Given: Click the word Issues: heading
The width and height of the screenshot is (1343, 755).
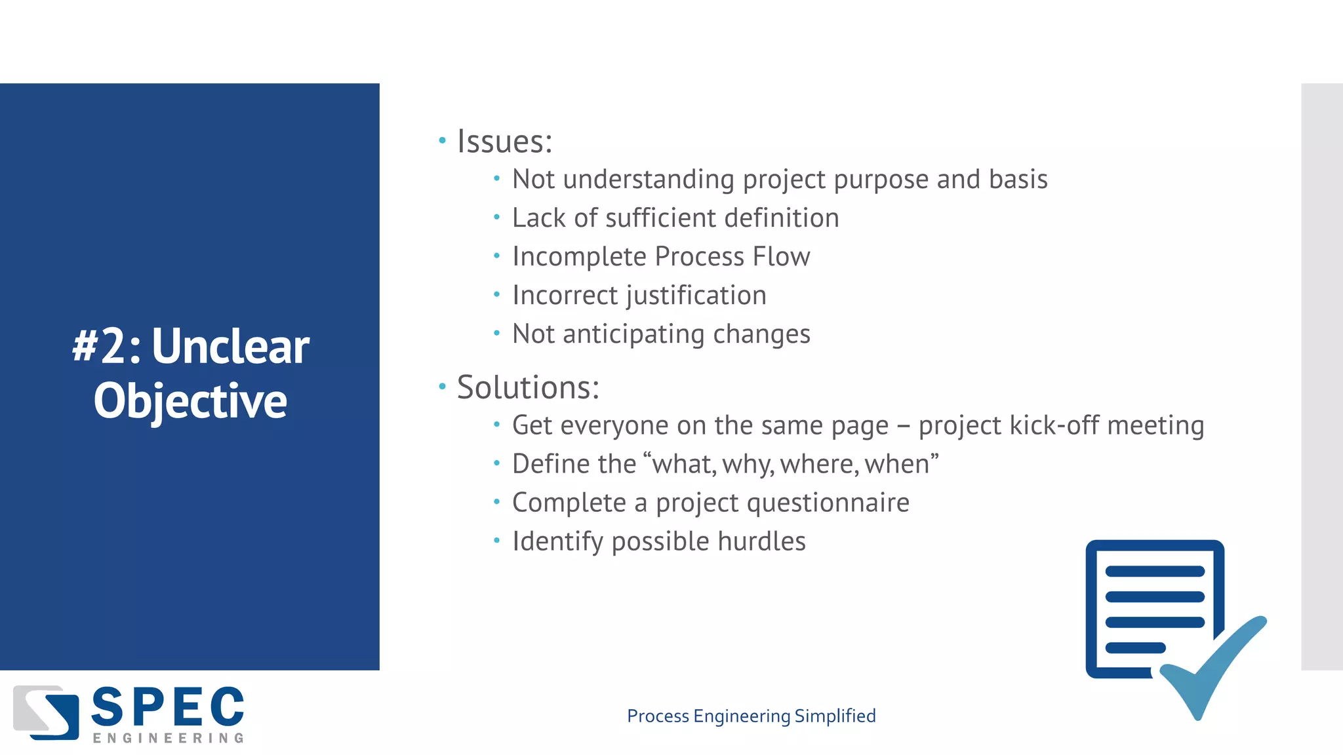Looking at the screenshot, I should point(504,142).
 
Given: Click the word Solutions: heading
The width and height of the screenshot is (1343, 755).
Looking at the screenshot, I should point(528,387).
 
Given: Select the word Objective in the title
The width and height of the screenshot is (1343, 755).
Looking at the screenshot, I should point(190,401).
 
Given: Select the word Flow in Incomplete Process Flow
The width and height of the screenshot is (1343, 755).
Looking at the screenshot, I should point(781,256).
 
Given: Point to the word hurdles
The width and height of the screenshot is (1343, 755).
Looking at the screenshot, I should point(761,541).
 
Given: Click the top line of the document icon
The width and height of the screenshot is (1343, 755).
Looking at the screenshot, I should point(1155,571).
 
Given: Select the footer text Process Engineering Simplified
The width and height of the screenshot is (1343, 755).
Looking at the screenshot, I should point(751,716).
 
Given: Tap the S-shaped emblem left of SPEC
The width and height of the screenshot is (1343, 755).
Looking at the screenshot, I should point(46,712).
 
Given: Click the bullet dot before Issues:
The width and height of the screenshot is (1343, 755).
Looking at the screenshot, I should point(442,140).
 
